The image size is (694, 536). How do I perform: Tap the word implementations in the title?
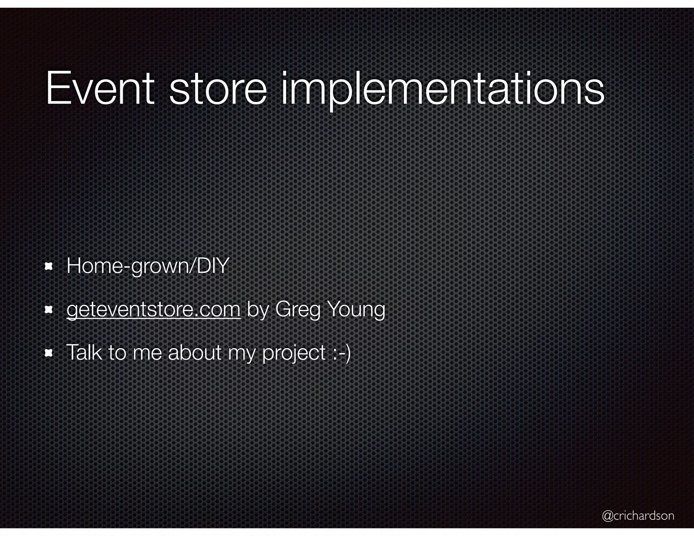pyautogui.click(x=443, y=88)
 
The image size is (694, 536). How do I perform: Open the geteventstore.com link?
pyautogui.click(x=153, y=309)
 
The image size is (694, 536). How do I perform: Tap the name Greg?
pyautogui.click(x=298, y=309)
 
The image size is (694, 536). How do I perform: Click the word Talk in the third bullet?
pyautogui.click(x=83, y=352)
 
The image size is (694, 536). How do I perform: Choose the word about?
pyautogui.click(x=195, y=352)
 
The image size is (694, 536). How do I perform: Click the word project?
pyautogui.click(x=294, y=353)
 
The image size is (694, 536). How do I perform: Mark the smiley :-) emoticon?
pyautogui.click(x=341, y=353)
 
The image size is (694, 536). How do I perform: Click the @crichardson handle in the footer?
pyautogui.click(x=638, y=516)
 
